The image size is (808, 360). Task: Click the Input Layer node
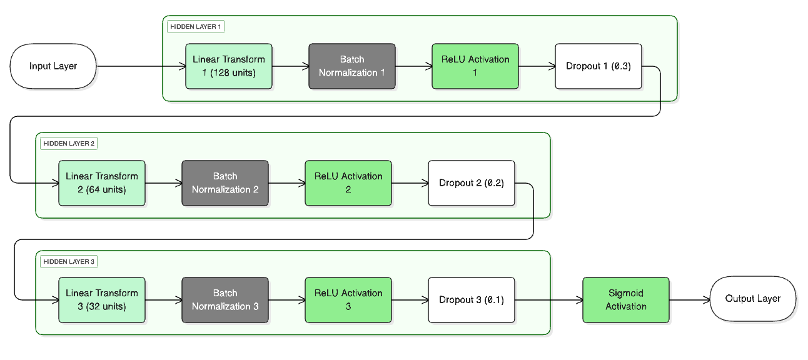[x=53, y=66]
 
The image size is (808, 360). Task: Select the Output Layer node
[x=752, y=299]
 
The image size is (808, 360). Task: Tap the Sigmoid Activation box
[x=626, y=300]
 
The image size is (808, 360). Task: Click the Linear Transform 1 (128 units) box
[x=229, y=66]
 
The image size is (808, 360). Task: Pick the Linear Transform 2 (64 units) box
[x=102, y=183]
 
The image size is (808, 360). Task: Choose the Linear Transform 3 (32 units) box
[x=102, y=300]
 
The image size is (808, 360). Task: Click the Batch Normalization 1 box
[x=352, y=66]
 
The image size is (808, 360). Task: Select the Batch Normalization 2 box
[x=225, y=183]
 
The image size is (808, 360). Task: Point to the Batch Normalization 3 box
[x=225, y=300]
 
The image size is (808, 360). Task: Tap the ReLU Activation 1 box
[x=475, y=66]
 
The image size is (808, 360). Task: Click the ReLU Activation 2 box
[x=348, y=183]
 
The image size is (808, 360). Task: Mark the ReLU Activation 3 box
[x=348, y=300]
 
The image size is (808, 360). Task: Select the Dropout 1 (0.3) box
[x=598, y=66]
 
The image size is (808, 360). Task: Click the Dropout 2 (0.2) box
[x=472, y=183]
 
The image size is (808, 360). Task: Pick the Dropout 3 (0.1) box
[x=472, y=300]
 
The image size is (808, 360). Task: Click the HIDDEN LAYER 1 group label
[x=195, y=27]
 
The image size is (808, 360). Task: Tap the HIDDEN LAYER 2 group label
[x=69, y=144]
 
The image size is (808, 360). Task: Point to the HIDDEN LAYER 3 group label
[x=69, y=262]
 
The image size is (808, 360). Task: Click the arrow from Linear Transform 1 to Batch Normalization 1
[x=290, y=66]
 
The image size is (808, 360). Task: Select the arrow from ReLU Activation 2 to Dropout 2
[x=410, y=183]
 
